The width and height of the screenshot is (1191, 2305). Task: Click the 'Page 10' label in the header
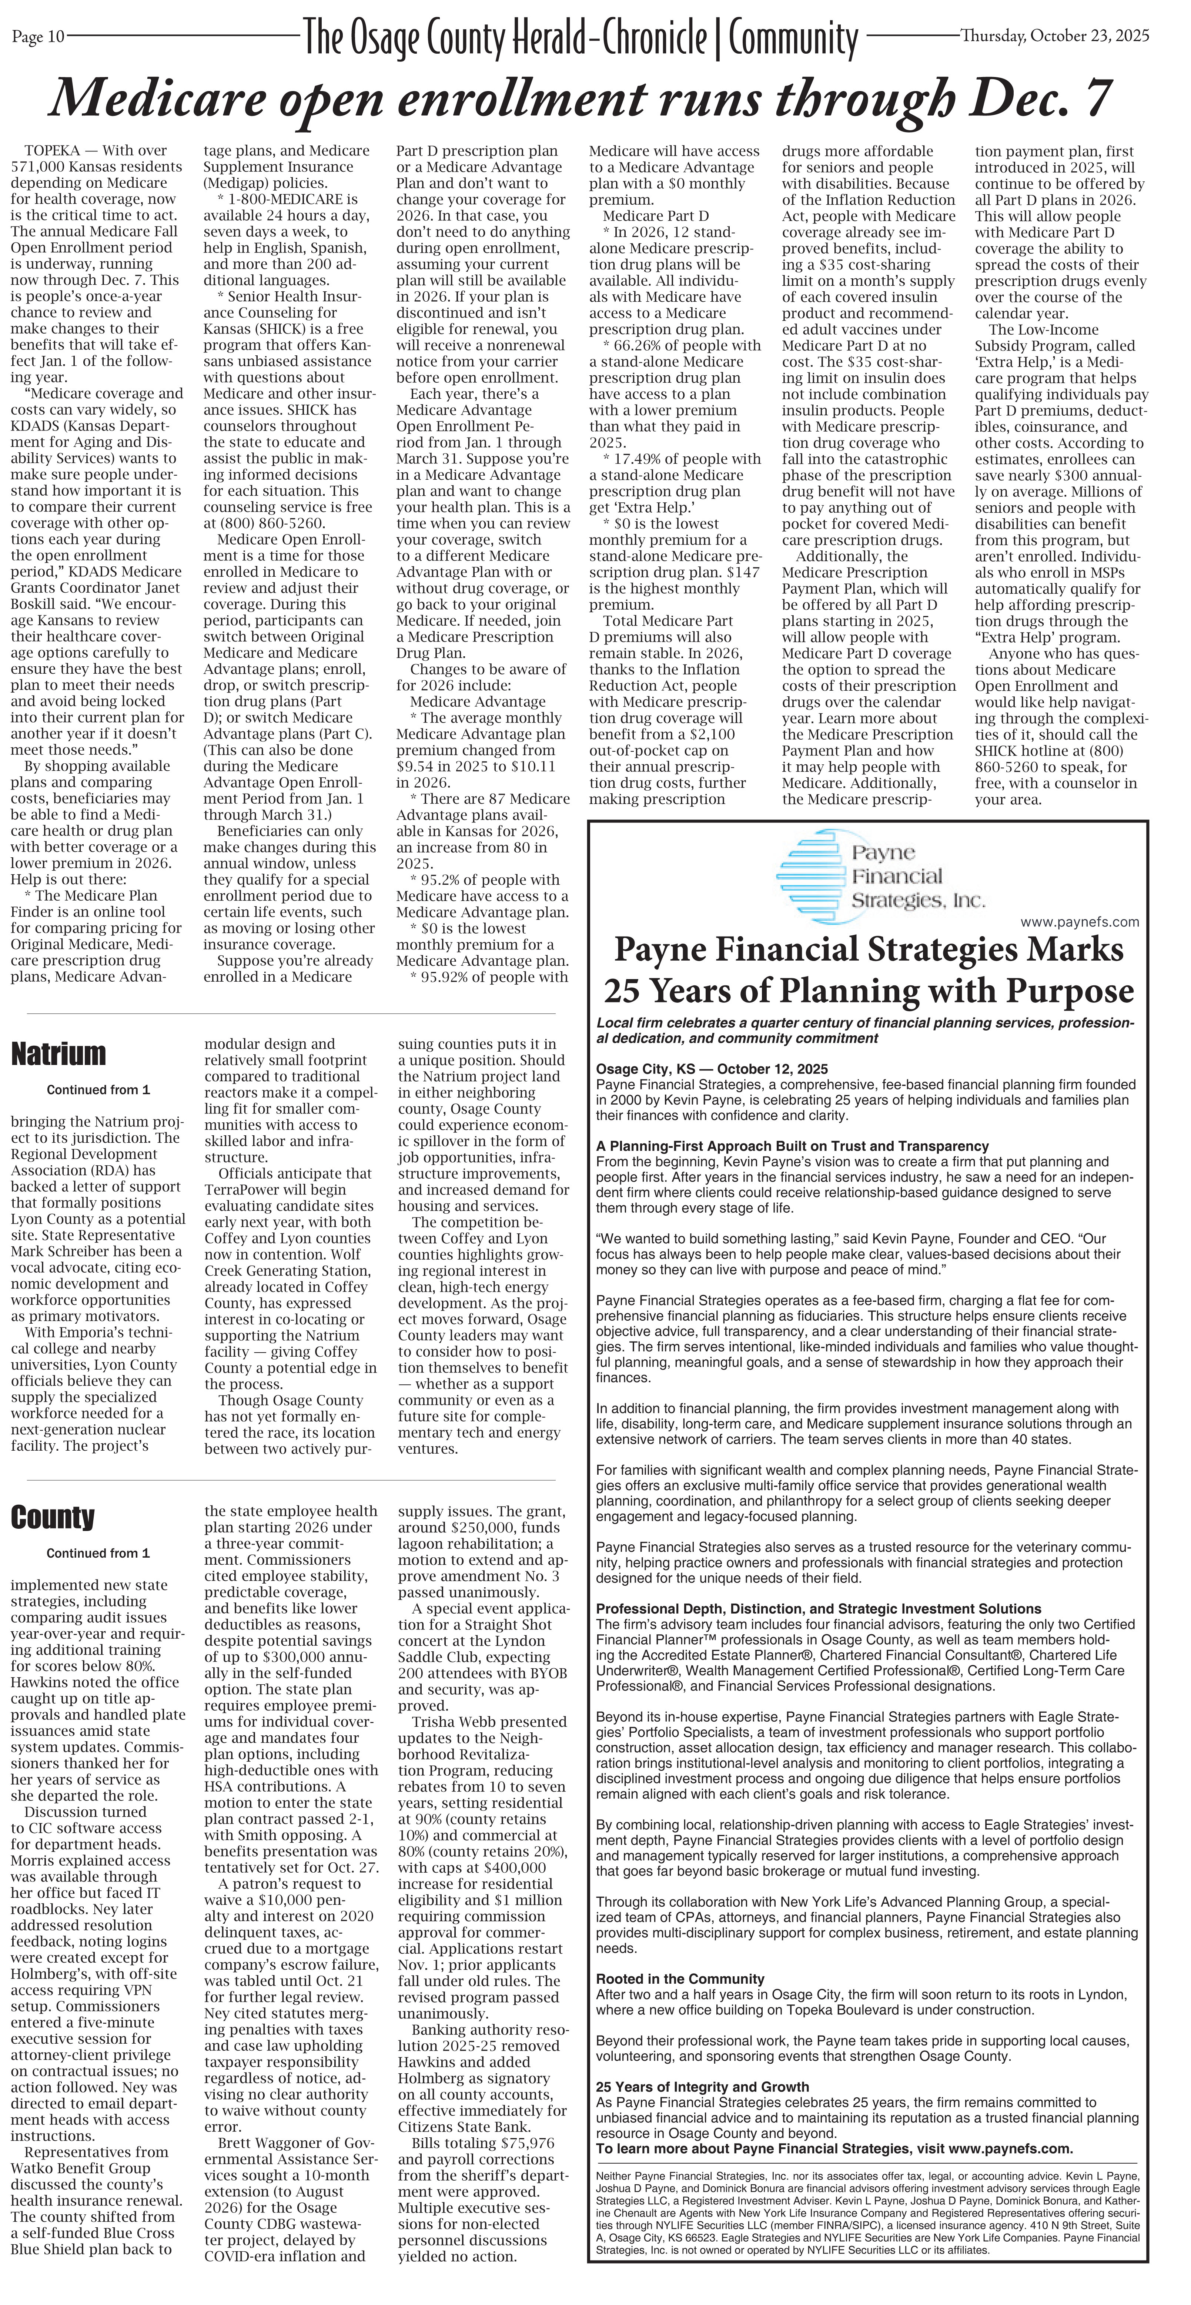(38, 37)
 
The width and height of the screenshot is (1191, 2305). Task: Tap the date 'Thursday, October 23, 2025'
(1054, 36)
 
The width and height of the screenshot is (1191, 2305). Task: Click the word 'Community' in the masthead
(793, 38)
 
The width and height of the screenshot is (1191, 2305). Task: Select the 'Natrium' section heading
(58, 1054)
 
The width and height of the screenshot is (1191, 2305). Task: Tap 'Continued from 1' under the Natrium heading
(98, 1090)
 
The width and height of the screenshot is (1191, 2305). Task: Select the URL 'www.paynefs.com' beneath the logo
(1080, 922)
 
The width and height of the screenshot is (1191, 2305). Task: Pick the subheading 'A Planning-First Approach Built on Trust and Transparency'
(792, 1146)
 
